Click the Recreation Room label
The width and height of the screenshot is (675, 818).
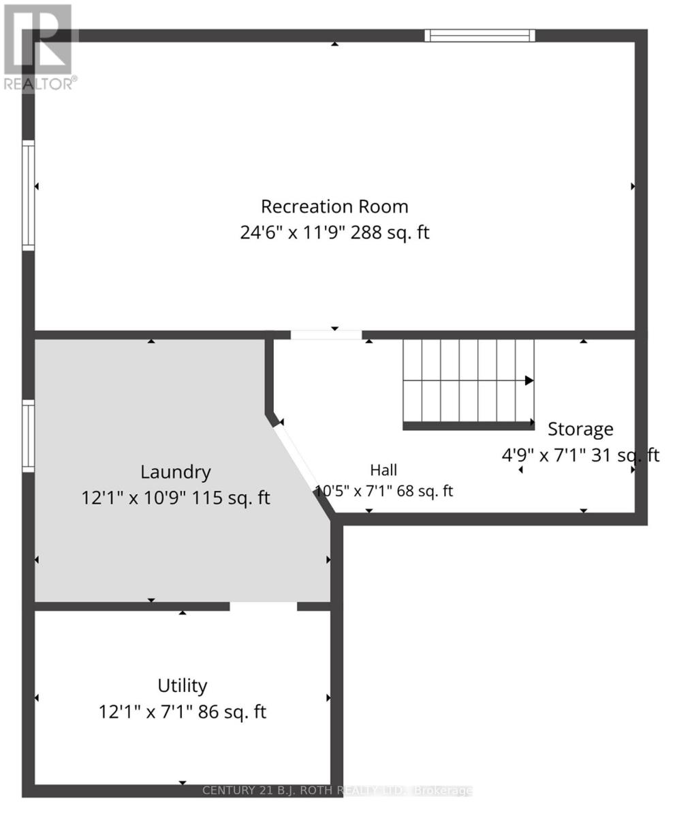(x=334, y=207)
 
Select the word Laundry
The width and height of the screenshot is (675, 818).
(x=176, y=472)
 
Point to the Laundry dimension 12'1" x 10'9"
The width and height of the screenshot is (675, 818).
(x=133, y=498)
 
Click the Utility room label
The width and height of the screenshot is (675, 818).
(x=183, y=686)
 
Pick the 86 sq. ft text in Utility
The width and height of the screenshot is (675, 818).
(x=232, y=712)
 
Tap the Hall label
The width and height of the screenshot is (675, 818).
(x=383, y=470)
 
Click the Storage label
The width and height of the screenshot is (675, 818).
(x=580, y=429)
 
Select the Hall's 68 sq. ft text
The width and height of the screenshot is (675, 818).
(x=425, y=491)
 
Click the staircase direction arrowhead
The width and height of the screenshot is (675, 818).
(x=529, y=380)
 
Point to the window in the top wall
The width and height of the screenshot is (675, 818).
(x=480, y=35)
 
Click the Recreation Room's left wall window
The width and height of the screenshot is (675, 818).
(x=28, y=195)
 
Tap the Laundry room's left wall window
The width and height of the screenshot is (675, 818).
(x=28, y=436)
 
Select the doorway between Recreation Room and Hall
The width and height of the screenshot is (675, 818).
(x=326, y=335)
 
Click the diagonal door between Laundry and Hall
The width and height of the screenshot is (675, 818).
(x=296, y=457)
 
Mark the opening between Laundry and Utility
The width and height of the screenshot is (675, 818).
(x=263, y=606)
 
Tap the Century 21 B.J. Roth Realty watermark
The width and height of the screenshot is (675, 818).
(x=337, y=790)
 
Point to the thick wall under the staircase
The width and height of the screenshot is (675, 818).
(x=469, y=426)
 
